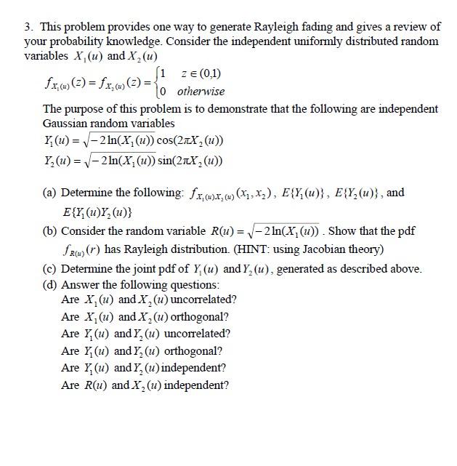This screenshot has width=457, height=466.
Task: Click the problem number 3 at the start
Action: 27,27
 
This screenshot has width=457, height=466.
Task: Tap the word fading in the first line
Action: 312,27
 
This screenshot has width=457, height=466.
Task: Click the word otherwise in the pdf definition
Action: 201,92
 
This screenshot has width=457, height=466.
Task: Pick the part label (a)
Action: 50,193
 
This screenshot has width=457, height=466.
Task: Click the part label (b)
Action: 50,230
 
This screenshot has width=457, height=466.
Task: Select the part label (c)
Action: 50,268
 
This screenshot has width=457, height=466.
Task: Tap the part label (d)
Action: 50,284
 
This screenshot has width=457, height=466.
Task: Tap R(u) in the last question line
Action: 96,385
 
